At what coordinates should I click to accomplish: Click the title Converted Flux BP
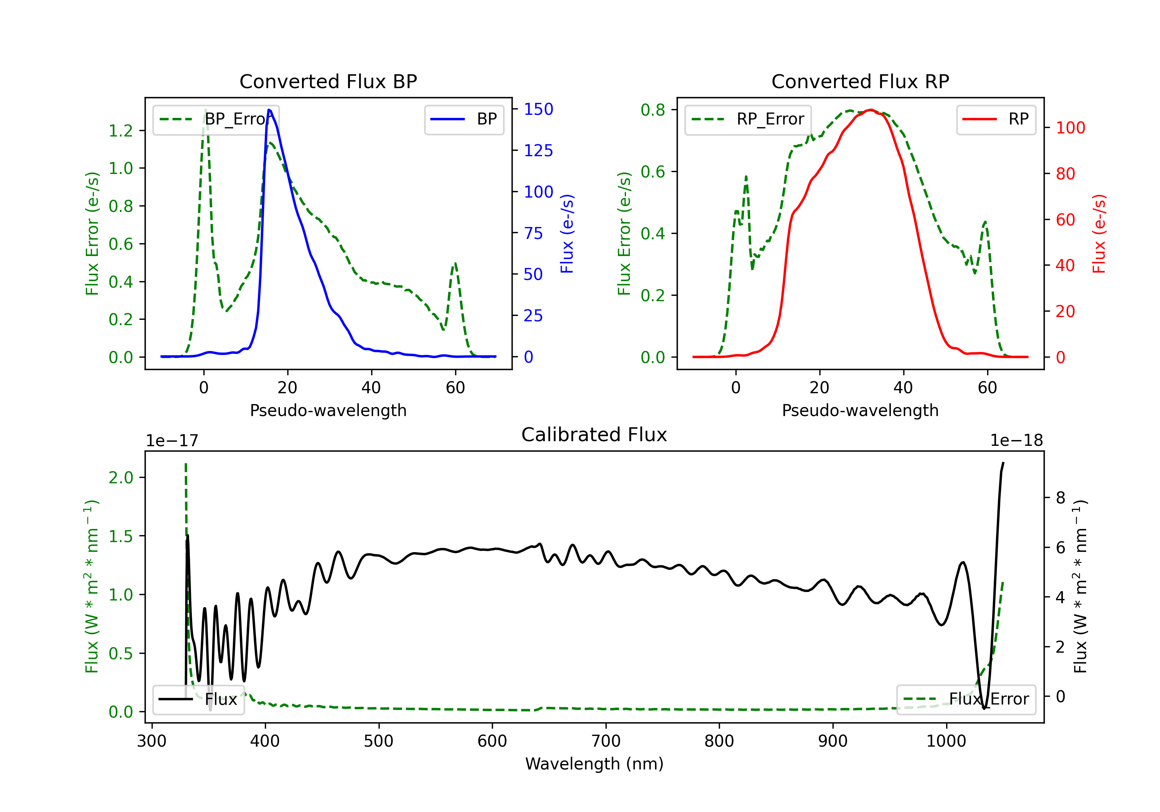pos(328,81)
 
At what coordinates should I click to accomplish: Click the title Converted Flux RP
pos(860,81)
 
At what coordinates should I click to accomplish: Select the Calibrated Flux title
pos(594,435)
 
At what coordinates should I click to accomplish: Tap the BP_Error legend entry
pos(216,119)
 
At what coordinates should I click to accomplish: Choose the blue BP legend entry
pos(464,119)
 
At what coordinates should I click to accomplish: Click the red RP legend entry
pos(995,119)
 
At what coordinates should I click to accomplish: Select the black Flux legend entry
pos(198,699)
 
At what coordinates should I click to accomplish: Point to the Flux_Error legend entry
pos(966,699)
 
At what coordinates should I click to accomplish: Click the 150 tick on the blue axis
pos(539,109)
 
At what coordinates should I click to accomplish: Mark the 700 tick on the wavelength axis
pos(606,741)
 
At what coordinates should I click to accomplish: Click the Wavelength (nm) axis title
pos(594,764)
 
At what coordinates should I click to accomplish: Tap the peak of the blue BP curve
pos(269,110)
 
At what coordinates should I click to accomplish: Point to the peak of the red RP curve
pos(870,110)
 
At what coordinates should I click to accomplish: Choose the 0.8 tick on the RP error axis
pos(653,110)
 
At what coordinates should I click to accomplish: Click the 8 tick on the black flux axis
pos(1061,498)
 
